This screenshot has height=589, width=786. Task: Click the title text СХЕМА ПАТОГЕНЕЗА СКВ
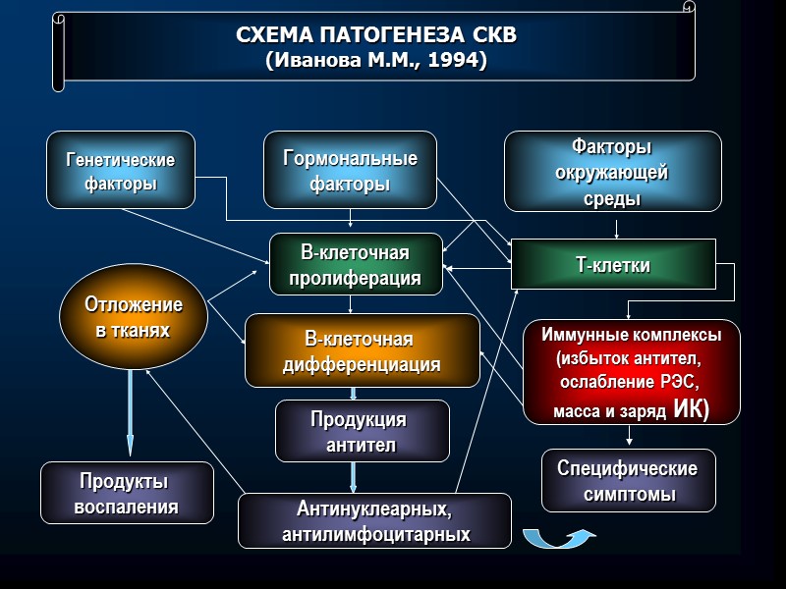click(375, 36)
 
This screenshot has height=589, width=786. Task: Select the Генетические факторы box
click(120, 171)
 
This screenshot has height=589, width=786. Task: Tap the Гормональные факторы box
click(350, 171)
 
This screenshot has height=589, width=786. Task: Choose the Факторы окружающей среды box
click(612, 172)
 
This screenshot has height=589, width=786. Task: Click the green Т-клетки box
click(612, 265)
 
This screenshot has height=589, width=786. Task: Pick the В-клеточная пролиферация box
click(355, 264)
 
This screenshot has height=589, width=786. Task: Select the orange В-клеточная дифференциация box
click(361, 351)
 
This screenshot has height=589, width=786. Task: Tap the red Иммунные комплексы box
click(631, 371)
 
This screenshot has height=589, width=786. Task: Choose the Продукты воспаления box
click(127, 493)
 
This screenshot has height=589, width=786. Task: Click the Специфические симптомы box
click(627, 481)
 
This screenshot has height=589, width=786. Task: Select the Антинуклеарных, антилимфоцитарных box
click(375, 521)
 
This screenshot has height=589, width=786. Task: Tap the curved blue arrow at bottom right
click(558, 537)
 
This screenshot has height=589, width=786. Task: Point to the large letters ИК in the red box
click(690, 409)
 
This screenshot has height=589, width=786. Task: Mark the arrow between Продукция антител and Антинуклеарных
click(354, 477)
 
